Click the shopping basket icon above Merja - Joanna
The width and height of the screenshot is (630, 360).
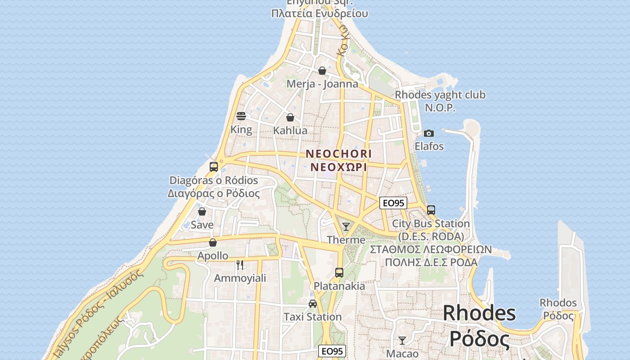click(322, 71)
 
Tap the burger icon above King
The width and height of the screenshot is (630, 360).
click(241, 116)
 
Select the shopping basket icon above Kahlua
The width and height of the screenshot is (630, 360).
click(290, 117)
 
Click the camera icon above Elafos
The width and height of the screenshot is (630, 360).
click(429, 133)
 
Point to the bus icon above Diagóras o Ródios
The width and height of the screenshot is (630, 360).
click(214, 167)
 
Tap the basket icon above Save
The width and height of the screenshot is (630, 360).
click(202, 211)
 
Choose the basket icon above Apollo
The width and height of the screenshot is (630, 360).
click(213, 243)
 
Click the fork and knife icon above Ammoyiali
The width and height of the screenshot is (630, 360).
click(240, 265)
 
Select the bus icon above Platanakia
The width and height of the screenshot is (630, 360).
click(339, 272)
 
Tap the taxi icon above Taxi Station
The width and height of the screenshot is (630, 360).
click(313, 303)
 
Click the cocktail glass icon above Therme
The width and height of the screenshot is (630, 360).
click(346, 226)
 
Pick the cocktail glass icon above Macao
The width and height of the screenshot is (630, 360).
click(402, 341)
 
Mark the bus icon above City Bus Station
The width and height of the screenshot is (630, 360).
click(431, 210)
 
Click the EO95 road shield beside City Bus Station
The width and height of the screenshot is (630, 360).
click(393, 203)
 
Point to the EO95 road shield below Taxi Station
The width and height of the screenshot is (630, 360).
click(332, 351)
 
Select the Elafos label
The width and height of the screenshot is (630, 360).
click(429, 146)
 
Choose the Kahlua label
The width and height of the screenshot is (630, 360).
click(290, 130)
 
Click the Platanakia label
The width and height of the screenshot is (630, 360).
click(339, 286)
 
